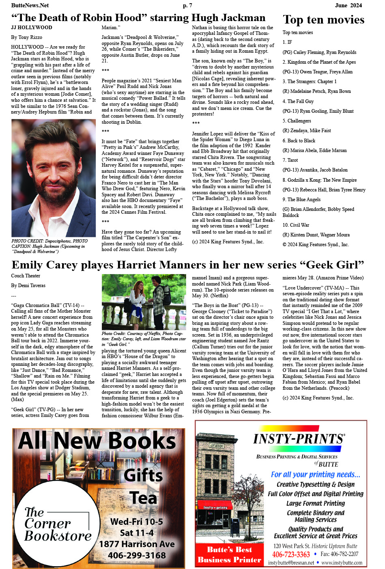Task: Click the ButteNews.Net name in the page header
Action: coord(30,5)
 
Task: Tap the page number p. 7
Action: coord(187,5)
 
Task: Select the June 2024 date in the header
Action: coord(348,5)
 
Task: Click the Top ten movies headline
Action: coord(323,20)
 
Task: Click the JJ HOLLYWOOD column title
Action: coord(32,28)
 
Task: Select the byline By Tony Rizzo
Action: coord(26,37)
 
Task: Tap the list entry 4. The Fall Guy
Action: coord(298,101)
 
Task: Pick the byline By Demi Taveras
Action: coord(28,286)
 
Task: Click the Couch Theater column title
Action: coord(26,276)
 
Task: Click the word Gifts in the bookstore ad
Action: coord(143,475)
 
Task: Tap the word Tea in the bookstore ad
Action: coord(143,498)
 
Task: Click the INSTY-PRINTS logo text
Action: coord(299,439)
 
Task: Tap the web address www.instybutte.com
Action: coord(342,563)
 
